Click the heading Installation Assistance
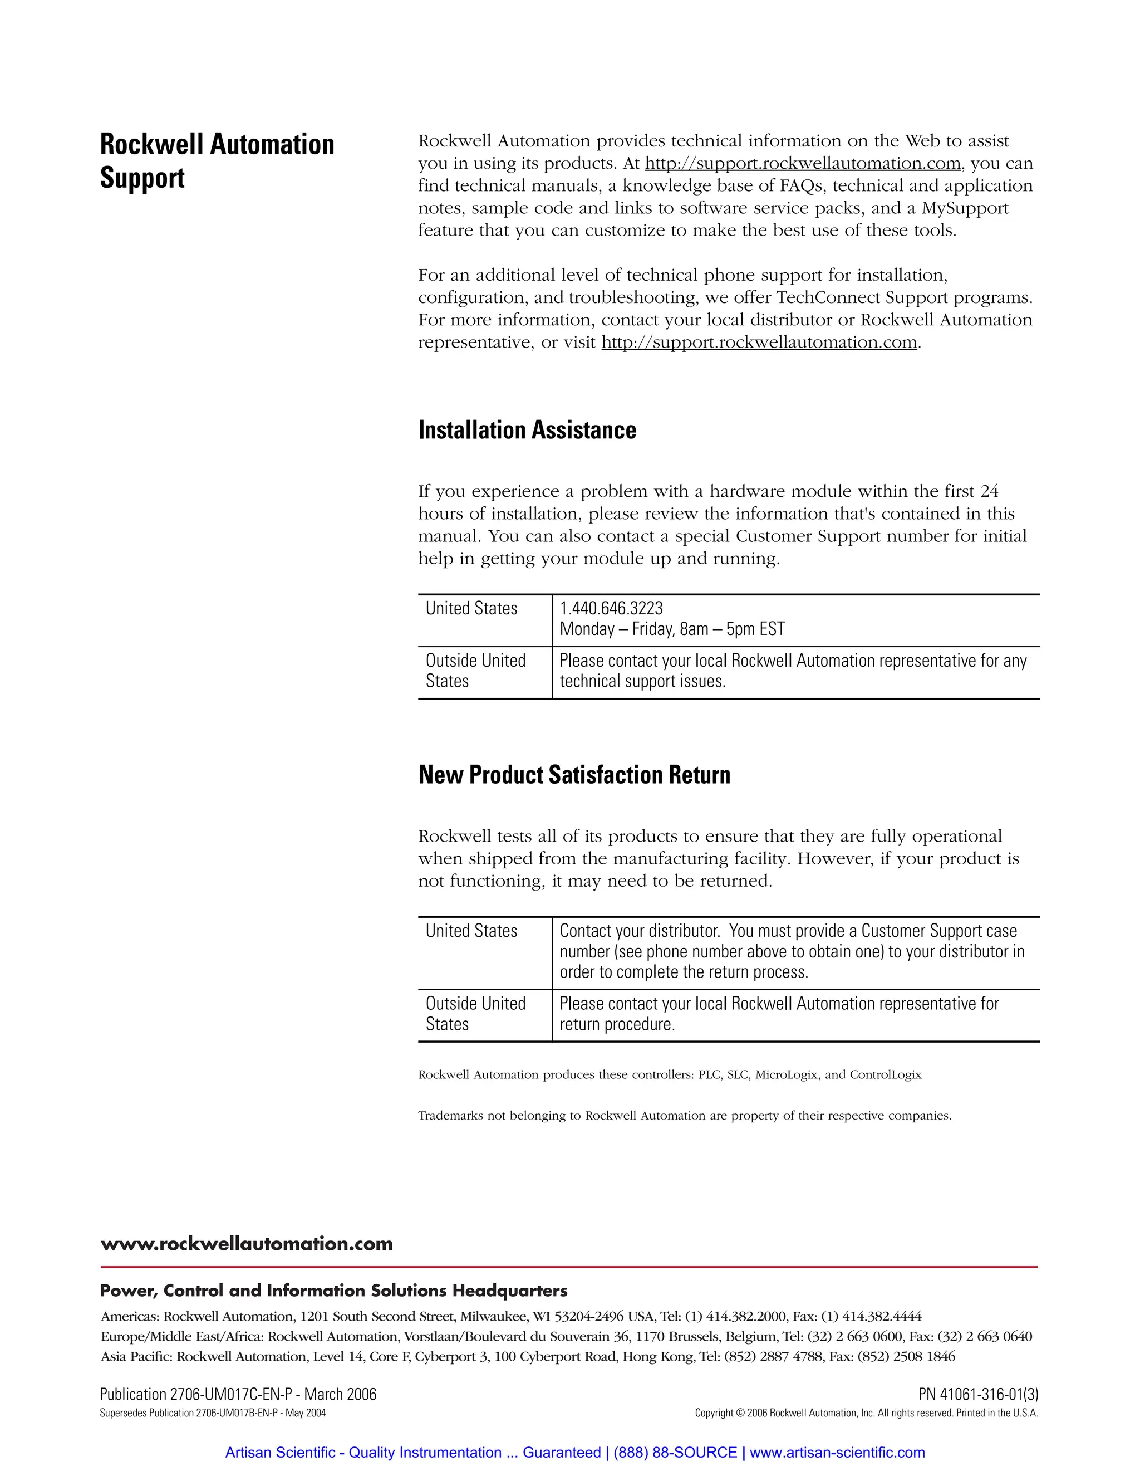tap(527, 431)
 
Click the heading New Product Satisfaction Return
tap(574, 775)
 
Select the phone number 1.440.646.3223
tap(611, 608)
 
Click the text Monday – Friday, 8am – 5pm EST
tap(672, 629)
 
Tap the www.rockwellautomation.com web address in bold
tap(246, 1244)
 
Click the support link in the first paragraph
tap(802, 164)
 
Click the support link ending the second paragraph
tap(759, 343)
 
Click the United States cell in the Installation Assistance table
tap(471, 608)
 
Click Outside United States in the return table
tap(475, 1014)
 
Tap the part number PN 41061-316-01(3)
tap(978, 1394)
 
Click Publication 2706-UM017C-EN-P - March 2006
tap(238, 1394)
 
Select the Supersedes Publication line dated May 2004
tap(212, 1413)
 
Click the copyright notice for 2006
tap(866, 1413)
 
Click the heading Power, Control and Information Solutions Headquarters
tap(333, 1291)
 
